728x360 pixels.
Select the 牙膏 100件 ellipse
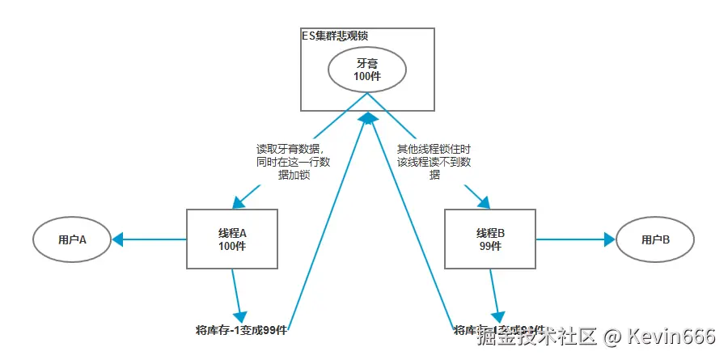pos(367,70)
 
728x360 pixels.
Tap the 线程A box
pos(232,239)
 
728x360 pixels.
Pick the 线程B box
pos(491,239)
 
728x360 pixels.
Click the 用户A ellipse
pos(72,239)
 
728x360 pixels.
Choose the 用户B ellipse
pos(655,239)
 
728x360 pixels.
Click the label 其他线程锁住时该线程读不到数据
pos(435,162)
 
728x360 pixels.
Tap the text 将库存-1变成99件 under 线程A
pos(242,330)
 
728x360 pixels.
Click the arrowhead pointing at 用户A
pos(117,239)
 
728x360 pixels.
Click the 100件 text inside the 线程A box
pos(232,246)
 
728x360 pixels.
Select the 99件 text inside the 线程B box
pos(491,246)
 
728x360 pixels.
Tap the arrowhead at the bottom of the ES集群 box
pos(369,118)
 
